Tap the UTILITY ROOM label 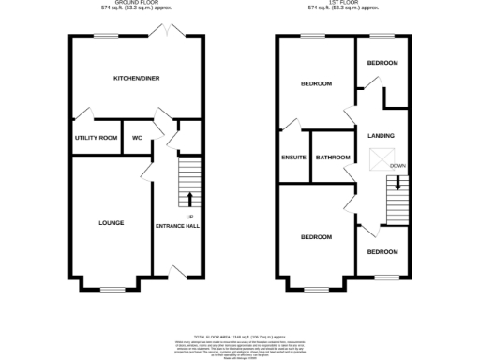[96, 138]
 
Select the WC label [137, 138]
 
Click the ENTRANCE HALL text [177, 225]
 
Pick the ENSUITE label [293, 157]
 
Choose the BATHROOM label [333, 157]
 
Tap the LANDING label [381, 135]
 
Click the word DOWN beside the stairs [398, 167]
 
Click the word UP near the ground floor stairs [189, 217]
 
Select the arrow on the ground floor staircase [190, 198]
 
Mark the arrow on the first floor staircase [397, 184]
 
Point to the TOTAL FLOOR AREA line [239, 336]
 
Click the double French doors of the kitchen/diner [170, 34]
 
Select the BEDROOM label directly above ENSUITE [315, 84]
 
